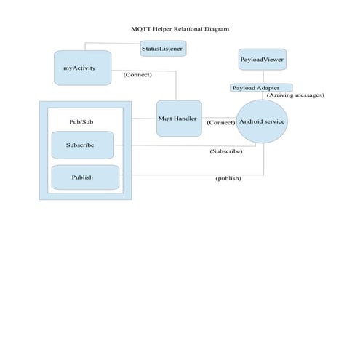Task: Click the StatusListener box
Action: tap(162, 49)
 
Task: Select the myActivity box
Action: tap(83, 68)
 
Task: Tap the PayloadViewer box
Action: tap(262, 58)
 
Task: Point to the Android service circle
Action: tap(263, 121)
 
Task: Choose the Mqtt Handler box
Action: tap(179, 118)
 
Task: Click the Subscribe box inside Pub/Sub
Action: tap(83, 145)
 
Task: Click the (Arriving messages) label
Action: tap(295, 95)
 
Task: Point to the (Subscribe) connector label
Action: tap(225, 151)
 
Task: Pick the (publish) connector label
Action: tap(228, 178)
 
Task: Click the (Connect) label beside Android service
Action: tap(221, 122)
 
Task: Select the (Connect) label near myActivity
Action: tap(137, 74)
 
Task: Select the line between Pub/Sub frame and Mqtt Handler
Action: tap(144, 118)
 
